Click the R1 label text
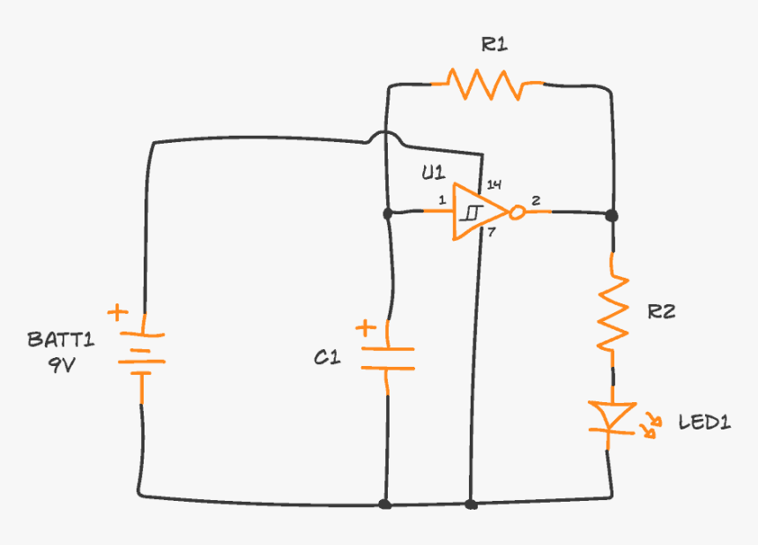pos(494,45)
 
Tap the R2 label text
pos(661,311)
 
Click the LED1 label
pos(704,422)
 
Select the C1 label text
pos(327,358)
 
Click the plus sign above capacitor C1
pos(364,329)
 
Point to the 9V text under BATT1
pos(62,364)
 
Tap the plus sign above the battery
pos(116,312)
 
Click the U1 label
pos(432,173)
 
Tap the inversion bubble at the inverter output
pos(518,213)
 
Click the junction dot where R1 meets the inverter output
pos(612,214)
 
